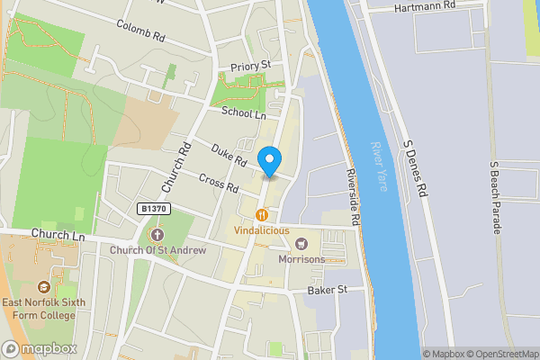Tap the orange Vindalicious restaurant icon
point(262,215)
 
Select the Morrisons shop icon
point(301,244)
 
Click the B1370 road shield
point(155,209)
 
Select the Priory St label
point(251,66)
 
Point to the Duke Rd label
point(229,155)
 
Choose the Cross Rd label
point(218,183)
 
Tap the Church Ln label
point(57,235)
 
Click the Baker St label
point(327,290)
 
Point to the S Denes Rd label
point(418,171)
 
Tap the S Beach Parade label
point(494,198)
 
